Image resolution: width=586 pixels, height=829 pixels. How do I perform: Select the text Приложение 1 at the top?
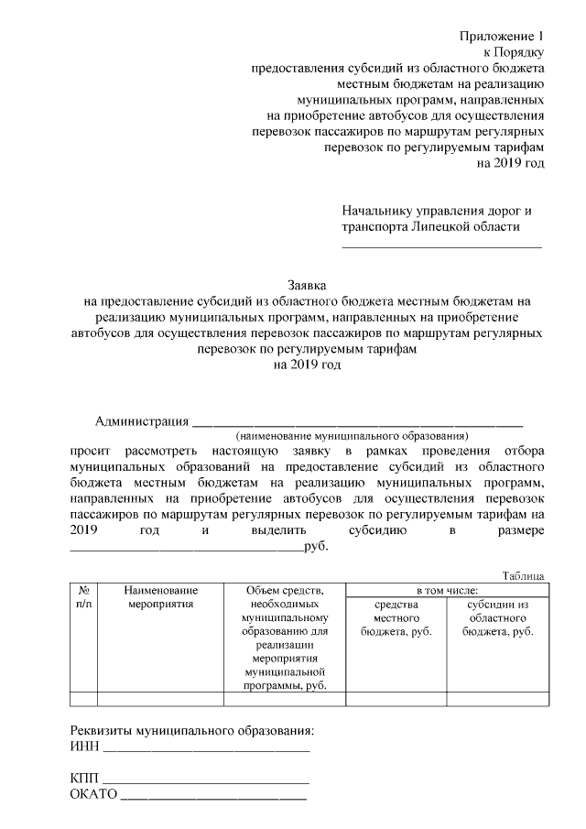tap(502, 36)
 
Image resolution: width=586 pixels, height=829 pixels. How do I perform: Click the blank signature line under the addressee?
tap(441, 246)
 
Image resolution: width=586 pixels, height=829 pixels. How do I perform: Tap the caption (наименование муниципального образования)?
tap(352, 437)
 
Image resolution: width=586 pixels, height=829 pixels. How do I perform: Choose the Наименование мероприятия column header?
tap(160, 598)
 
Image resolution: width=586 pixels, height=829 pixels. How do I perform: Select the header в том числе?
tap(447, 591)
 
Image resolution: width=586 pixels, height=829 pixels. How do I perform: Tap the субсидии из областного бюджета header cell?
tap(498, 618)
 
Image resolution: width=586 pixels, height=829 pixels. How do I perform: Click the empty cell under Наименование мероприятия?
tap(160, 700)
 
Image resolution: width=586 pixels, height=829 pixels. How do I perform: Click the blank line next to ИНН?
tap(207, 751)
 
